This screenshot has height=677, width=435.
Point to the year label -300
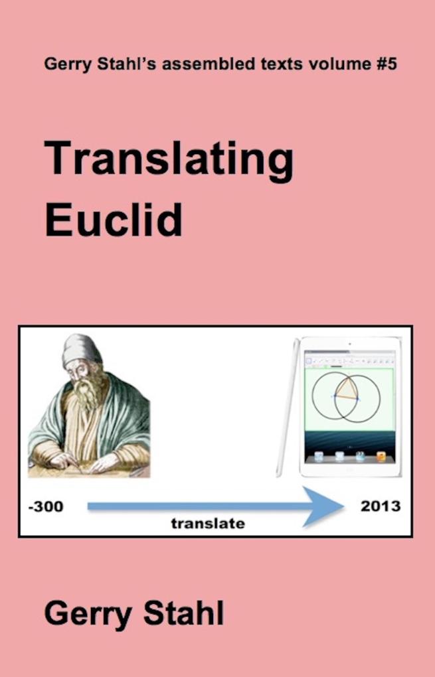click(46, 507)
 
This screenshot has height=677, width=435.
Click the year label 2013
click(381, 506)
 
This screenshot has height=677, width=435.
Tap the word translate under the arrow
click(208, 524)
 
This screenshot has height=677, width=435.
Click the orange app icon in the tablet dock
click(381, 457)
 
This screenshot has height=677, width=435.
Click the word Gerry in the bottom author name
click(86, 614)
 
